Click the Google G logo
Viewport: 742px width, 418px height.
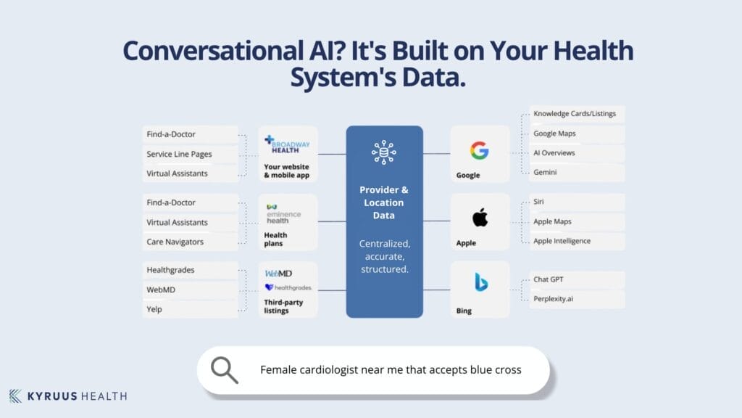(x=479, y=150)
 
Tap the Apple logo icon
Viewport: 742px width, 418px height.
(x=480, y=217)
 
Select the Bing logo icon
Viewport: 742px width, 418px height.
(x=480, y=282)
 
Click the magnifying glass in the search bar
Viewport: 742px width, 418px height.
(x=224, y=370)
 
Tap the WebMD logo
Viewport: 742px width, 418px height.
(x=278, y=274)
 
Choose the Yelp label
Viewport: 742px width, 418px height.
(x=154, y=309)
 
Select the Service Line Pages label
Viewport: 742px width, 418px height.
(x=179, y=154)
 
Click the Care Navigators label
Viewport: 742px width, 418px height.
(x=175, y=242)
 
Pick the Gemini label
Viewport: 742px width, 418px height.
(x=546, y=173)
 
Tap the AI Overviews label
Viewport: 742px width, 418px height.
(x=554, y=153)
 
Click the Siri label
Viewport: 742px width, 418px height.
(x=538, y=202)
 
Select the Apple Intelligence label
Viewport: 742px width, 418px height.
(x=562, y=241)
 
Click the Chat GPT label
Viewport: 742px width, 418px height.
(x=551, y=279)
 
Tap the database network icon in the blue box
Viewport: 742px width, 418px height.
(x=384, y=152)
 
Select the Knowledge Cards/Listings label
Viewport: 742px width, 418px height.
(x=571, y=114)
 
